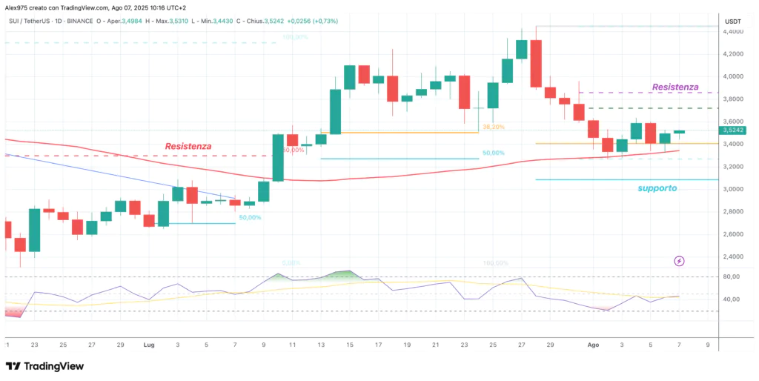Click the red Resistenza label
[x=188, y=147]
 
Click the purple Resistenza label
[x=675, y=87]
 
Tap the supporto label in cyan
[x=657, y=188]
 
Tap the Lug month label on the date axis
[x=149, y=345]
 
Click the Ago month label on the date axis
[x=592, y=345]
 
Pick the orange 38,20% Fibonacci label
[x=493, y=127]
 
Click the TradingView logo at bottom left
[x=44, y=366]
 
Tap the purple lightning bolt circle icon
[x=680, y=261]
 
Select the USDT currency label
[x=733, y=21]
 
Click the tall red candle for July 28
[x=536, y=64]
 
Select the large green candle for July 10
[x=279, y=157]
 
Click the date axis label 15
[x=350, y=345]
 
